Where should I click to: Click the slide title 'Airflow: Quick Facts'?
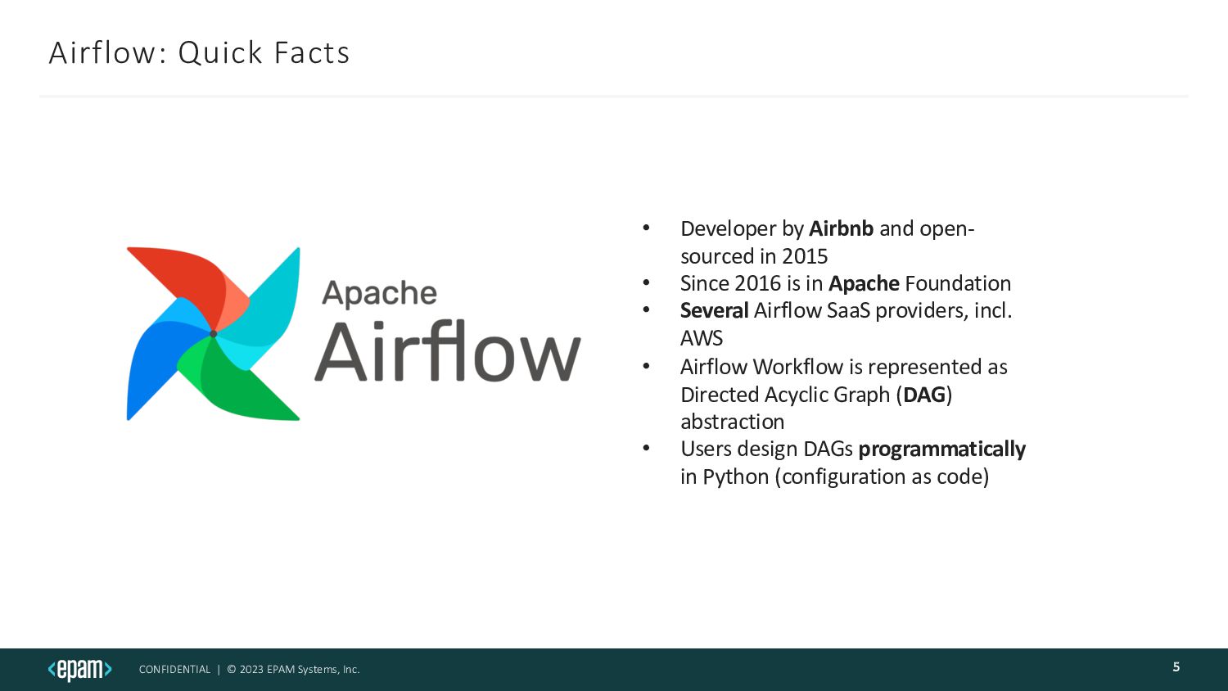pyautogui.click(x=199, y=52)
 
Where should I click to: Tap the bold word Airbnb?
pyautogui.click(x=841, y=228)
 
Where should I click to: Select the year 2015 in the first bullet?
pyautogui.click(x=805, y=256)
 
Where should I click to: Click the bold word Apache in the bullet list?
pyautogui.click(x=864, y=283)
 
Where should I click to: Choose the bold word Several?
pyautogui.click(x=714, y=310)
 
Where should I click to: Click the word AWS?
pyautogui.click(x=702, y=338)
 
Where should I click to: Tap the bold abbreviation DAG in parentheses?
pyautogui.click(x=924, y=395)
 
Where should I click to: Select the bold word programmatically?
pyautogui.click(x=941, y=449)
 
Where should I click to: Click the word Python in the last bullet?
pyautogui.click(x=735, y=476)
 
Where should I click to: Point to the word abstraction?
pyautogui.click(x=732, y=422)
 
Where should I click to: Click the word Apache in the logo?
pyautogui.click(x=379, y=293)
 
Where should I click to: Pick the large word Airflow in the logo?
pyautogui.click(x=447, y=353)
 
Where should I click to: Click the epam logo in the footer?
pyautogui.click(x=79, y=669)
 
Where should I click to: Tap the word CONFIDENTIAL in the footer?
pyautogui.click(x=174, y=670)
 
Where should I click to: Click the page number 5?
pyautogui.click(x=1176, y=667)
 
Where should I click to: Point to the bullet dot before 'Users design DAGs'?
pyautogui.click(x=646, y=449)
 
